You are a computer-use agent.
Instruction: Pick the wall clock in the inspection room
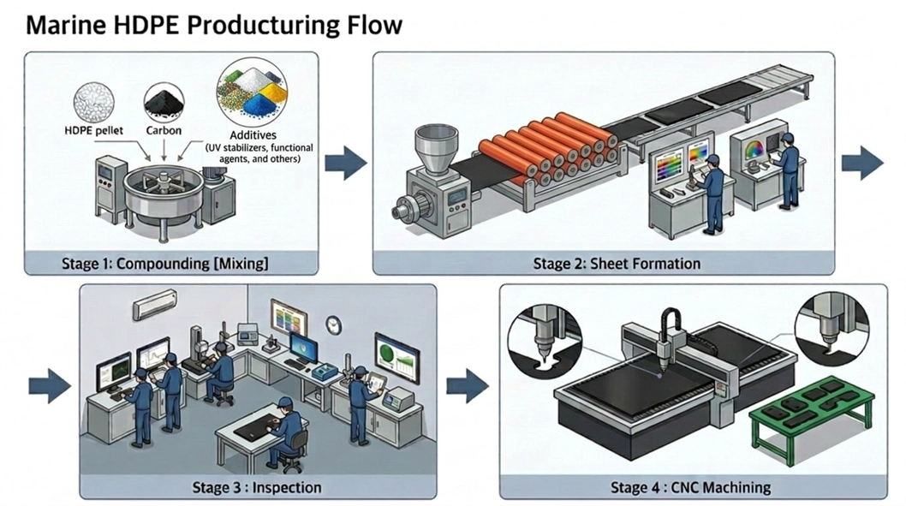pos(333,324)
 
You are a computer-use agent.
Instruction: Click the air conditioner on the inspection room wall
pos(154,302)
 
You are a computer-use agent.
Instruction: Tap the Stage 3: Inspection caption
pos(257,487)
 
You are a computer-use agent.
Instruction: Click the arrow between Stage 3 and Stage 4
pos(468,386)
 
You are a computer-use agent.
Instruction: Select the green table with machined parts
pos(809,415)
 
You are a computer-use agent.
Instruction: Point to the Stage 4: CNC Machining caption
pos(690,487)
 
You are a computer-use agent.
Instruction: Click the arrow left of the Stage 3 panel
pos(50,386)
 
